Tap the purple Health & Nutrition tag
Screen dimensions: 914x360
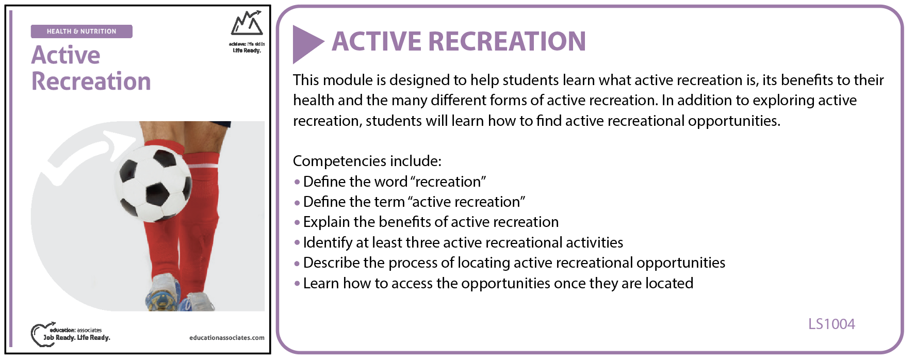click(x=81, y=31)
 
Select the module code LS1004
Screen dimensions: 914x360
click(x=831, y=324)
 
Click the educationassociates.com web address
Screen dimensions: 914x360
click(x=227, y=338)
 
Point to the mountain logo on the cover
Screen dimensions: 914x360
click(x=247, y=23)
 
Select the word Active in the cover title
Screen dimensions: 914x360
click(x=66, y=55)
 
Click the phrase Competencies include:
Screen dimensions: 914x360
click(x=367, y=161)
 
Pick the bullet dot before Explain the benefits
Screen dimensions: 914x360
click(x=297, y=223)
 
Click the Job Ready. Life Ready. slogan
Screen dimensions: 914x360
click(x=77, y=338)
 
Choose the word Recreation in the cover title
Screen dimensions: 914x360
click(x=91, y=81)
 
